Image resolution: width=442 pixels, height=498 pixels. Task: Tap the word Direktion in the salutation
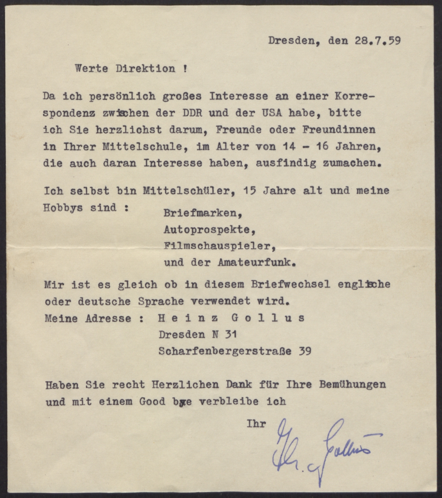point(145,69)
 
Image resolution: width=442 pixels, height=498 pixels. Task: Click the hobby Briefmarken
point(202,213)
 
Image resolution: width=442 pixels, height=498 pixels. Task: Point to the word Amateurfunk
point(256,263)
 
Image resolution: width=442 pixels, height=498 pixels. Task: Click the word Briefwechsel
point(290,285)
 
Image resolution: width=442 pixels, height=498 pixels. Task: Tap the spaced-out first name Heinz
point(188,318)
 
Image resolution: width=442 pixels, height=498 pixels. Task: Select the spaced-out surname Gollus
point(268,318)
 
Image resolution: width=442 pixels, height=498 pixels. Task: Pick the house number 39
point(305,351)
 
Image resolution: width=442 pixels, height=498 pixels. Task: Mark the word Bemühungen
point(352,384)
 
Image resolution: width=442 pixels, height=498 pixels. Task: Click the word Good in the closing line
point(152,401)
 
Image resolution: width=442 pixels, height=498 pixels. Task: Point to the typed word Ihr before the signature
point(256,424)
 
